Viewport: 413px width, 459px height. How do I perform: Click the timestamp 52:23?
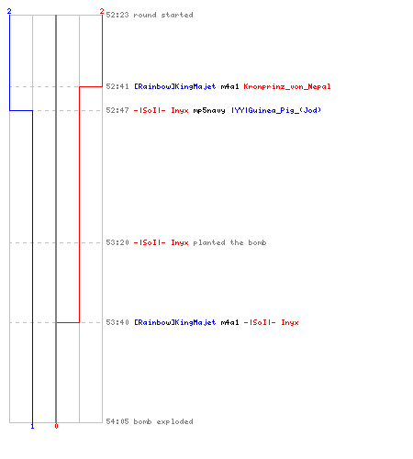pyautogui.click(x=117, y=15)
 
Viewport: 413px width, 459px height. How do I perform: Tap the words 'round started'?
pyautogui.click(x=163, y=15)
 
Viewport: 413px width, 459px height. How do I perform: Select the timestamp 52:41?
pyautogui.click(x=117, y=86)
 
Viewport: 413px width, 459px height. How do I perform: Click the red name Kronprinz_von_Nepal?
pyautogui.click(x=287, y=86)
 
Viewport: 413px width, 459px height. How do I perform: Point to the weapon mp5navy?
pyautogui.click(x=209, y=110)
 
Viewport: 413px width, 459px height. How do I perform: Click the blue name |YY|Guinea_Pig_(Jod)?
pyautogui.click(x=276, y=110)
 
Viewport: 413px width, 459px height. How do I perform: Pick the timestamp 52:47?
pyautogui.click(x=117, y=110)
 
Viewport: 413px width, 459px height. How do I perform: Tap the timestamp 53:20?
pyautogui.click(x=117, y=242)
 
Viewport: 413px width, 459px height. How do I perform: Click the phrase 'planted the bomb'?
pyautogui.click(x=229, y=242)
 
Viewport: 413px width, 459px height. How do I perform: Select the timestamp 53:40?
pyautogui.click(x=117, y=322)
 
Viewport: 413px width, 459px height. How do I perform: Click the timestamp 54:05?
pyautogui.click(x=117, y=421)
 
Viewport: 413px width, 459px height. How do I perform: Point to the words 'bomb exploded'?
pyautogui.click(x=163, y=421)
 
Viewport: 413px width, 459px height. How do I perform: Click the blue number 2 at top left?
pyautogui.click(x=9, y=11)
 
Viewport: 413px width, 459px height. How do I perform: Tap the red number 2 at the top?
pyautogui.click(x=102, y=11)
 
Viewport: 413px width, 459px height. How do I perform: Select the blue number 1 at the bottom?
pyautogui.click(x=32, y=426)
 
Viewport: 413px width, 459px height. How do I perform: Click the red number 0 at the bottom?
pyautogui.click(x=56, y=426)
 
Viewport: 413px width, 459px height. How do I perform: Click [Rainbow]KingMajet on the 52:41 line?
pyautogui.click(x=175, y=86)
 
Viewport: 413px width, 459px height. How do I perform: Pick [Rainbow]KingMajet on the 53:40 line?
pyautogui.click(x=175, y=322)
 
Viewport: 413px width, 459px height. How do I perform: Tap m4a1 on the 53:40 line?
pyautogui.click(x=229, y=322)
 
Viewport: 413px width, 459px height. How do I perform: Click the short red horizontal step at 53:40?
pyautogui.click(x=68, y=322)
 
